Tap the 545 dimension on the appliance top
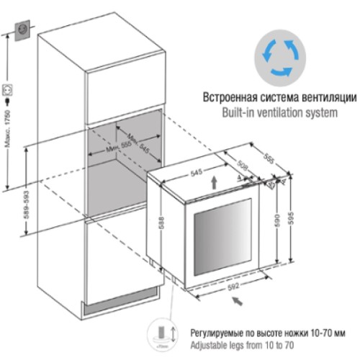[x=194, y=174]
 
